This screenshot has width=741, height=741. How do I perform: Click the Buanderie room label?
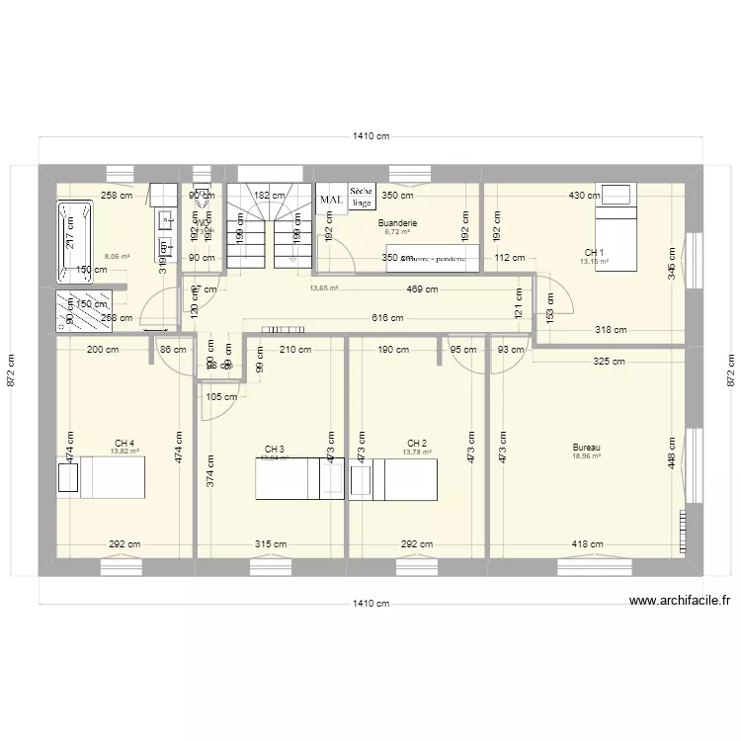[398, 223]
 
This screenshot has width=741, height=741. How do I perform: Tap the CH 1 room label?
[594, 252]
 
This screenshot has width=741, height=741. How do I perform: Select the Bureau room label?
[586, 448]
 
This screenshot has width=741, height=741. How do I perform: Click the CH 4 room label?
[124, 442]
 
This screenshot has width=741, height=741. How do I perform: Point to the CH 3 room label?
[274, 449]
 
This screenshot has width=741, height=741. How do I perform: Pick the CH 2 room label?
[417, 443]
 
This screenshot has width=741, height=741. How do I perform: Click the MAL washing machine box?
[331, 199]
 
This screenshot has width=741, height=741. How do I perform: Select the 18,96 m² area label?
[587, 457]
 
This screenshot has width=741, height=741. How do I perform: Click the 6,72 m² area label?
[398, 233]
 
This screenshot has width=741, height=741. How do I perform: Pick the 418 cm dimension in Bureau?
[588, 543]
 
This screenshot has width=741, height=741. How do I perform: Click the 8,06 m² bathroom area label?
[117, 256]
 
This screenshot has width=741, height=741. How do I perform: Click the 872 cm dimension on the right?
[731, 370]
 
